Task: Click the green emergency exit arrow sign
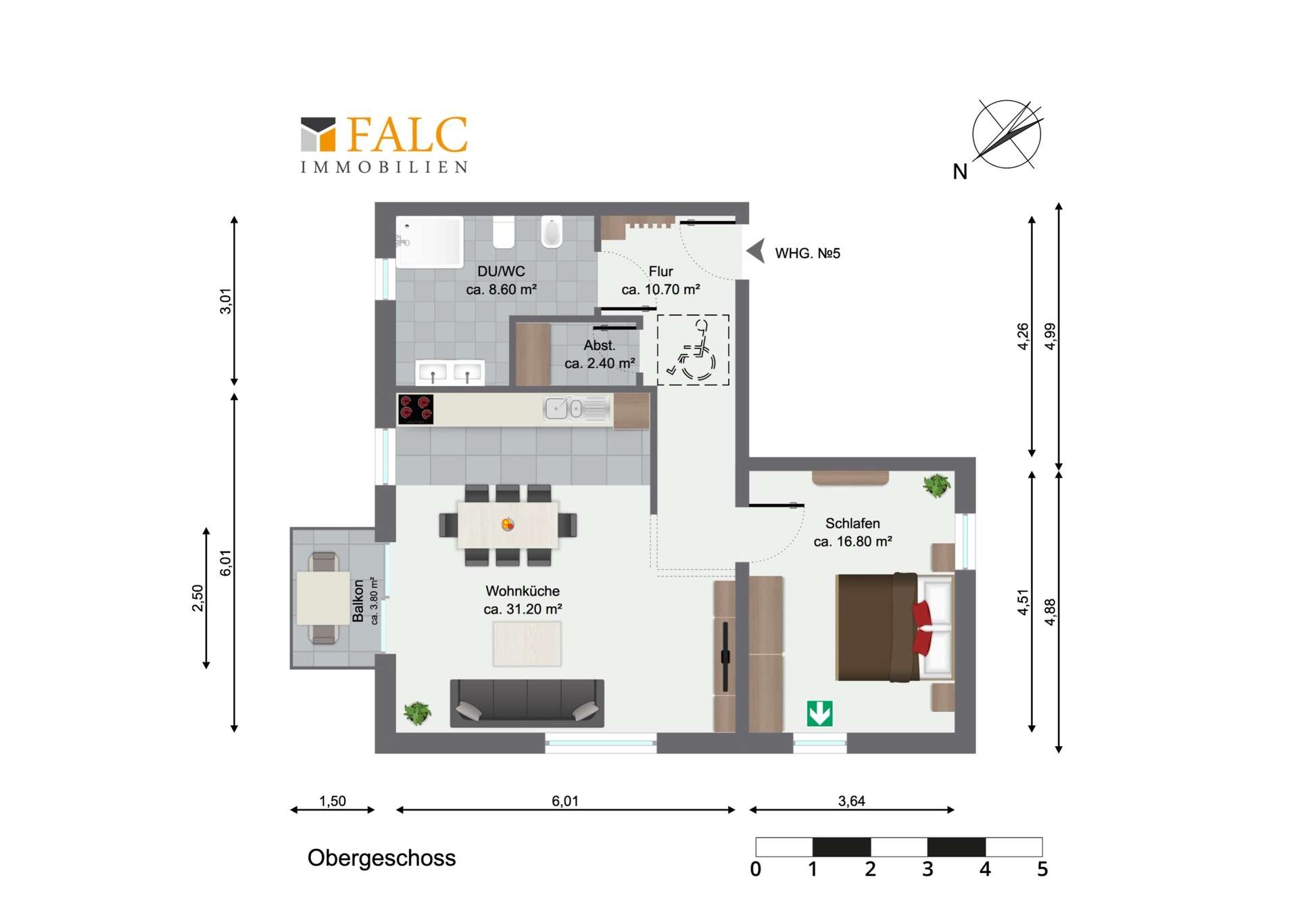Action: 819,714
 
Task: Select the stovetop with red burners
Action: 415,410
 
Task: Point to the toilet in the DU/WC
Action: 552,232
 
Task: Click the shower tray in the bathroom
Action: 430,241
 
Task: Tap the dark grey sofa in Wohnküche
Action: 527,703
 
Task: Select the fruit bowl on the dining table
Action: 508,524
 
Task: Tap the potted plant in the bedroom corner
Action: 936,485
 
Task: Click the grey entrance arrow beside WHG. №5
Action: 756,251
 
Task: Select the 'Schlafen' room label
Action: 852,523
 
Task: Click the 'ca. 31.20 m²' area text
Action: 523,609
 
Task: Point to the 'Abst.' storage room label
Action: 599,345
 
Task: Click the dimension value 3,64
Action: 851,801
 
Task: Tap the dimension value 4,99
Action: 1050,336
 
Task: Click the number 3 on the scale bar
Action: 928,869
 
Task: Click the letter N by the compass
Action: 960,172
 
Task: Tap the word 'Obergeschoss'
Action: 381,858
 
